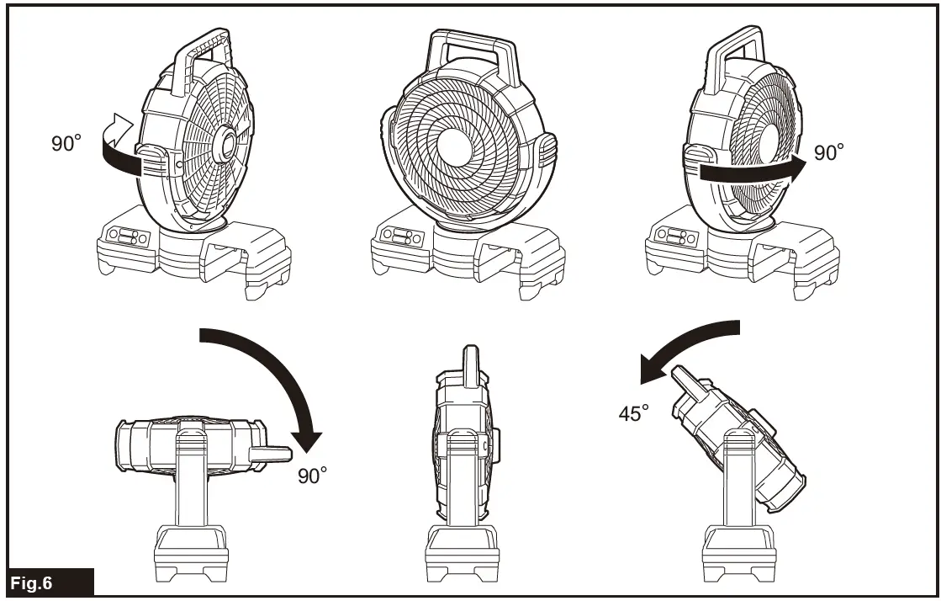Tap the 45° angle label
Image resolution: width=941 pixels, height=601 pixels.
point(634,413)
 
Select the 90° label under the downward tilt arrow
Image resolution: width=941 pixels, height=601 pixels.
point(313,476)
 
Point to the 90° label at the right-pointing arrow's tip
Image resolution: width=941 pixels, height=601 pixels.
point(828,152)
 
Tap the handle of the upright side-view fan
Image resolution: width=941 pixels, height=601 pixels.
point(467,361)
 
